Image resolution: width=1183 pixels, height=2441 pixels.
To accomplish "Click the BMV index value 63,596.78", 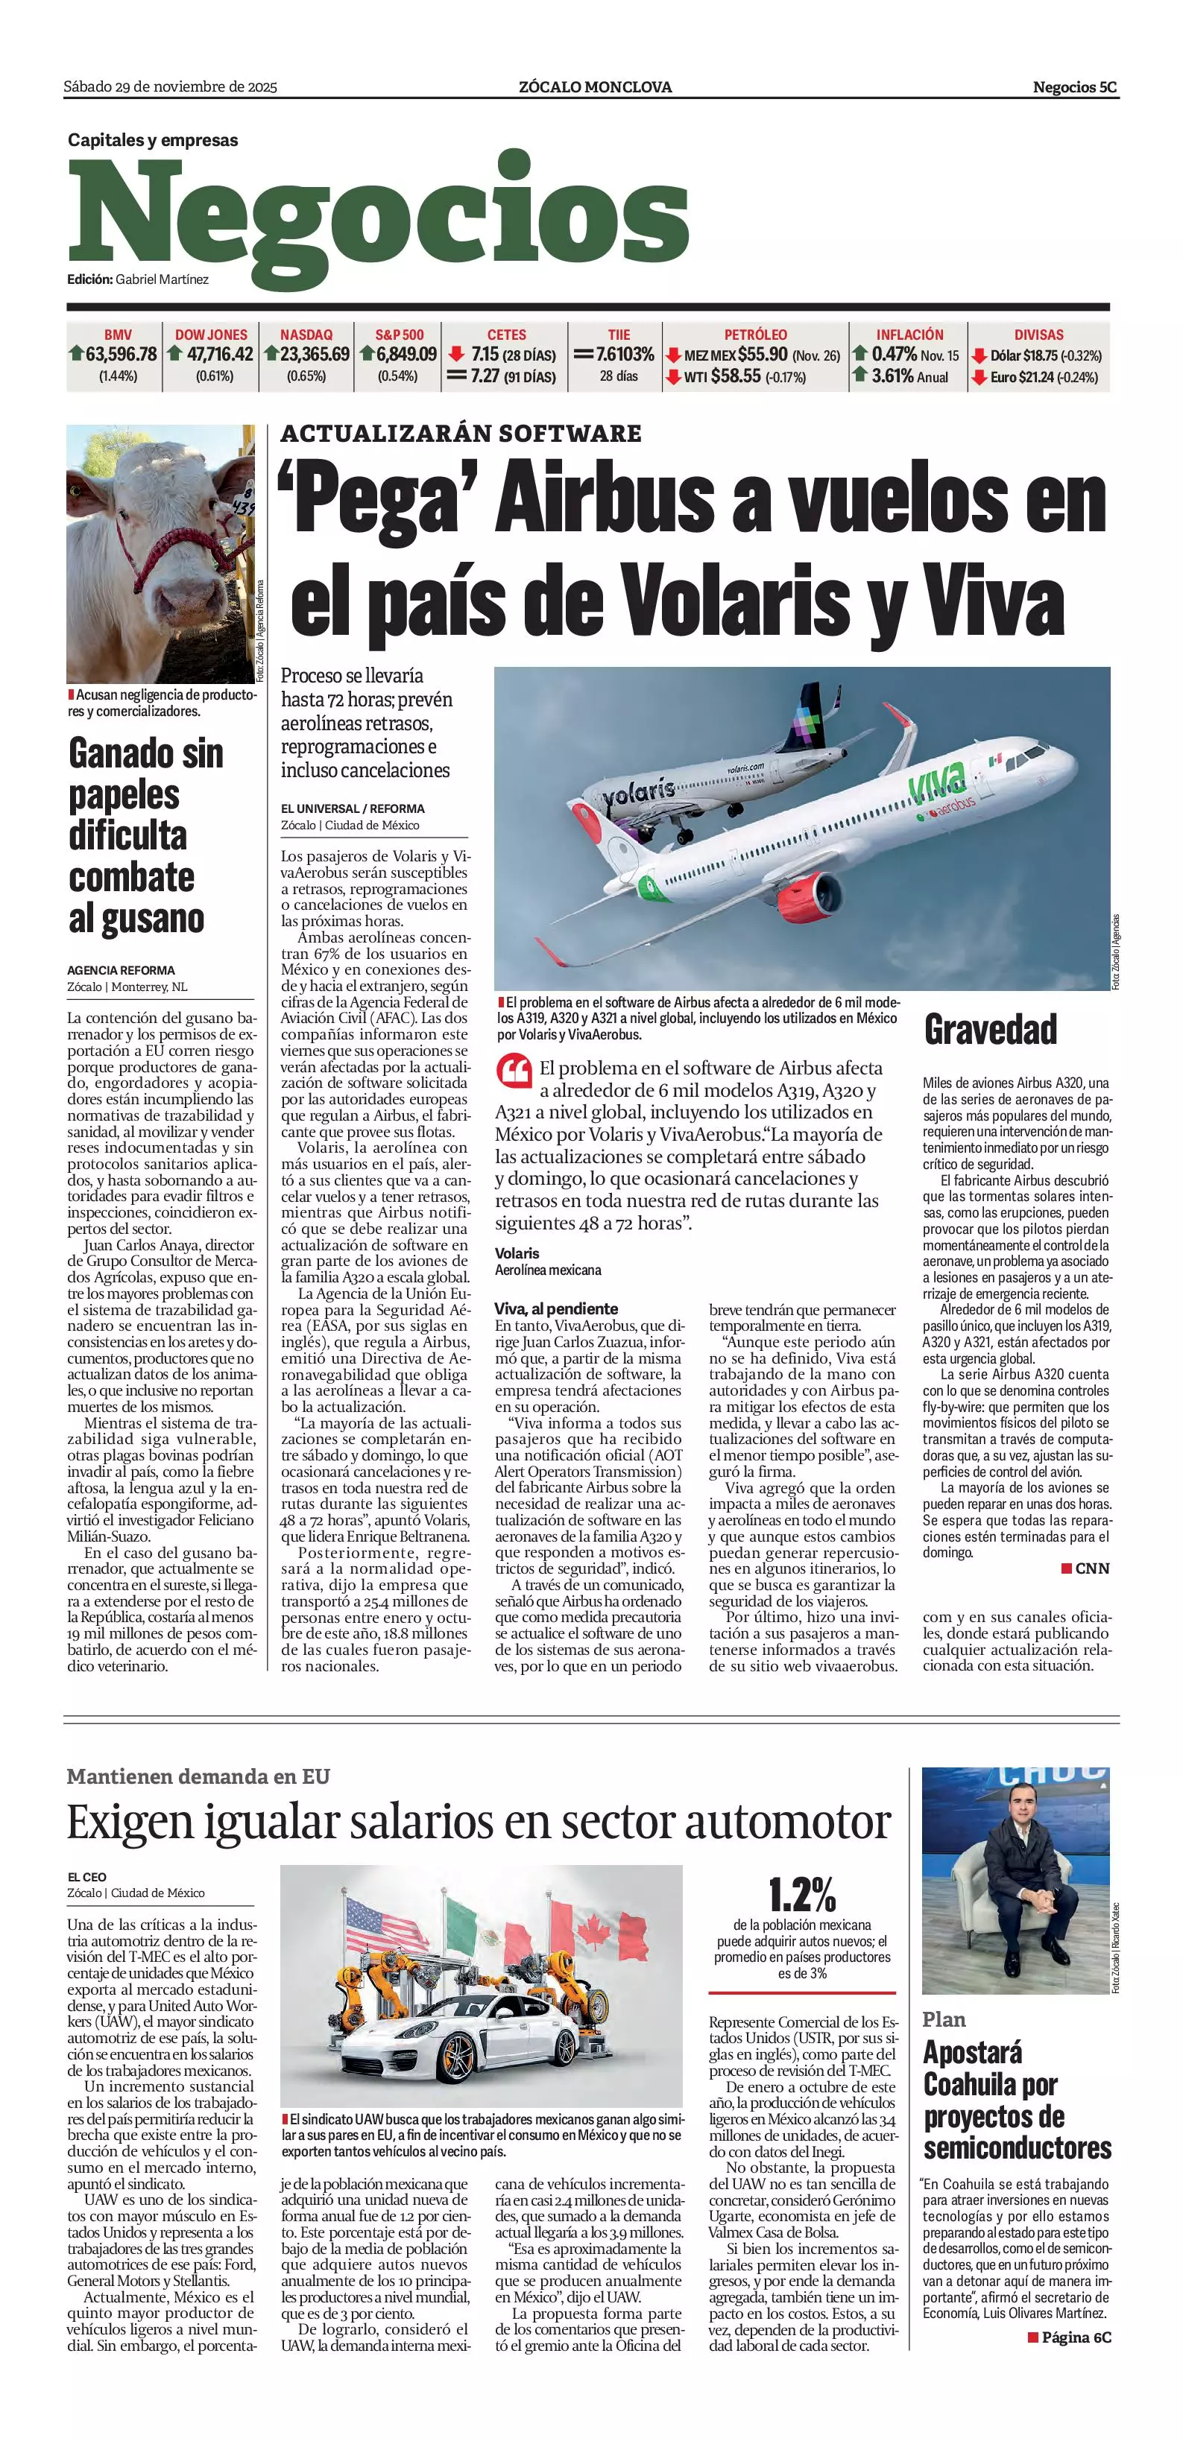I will (x=120, y=355).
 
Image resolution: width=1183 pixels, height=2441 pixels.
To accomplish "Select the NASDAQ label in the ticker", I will (x=306, y=335).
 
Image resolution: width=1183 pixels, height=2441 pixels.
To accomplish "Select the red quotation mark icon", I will (x=513, y=1071).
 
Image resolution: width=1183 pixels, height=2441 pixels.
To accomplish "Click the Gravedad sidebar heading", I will (x=991, y=1030).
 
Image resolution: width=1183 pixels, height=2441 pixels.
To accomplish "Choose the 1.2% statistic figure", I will (x=802, y=1894).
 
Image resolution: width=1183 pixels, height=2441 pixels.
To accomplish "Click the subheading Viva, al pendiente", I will (x=555, y=1308).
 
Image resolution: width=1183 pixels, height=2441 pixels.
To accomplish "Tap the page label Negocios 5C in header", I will (x=1074, y=87).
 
